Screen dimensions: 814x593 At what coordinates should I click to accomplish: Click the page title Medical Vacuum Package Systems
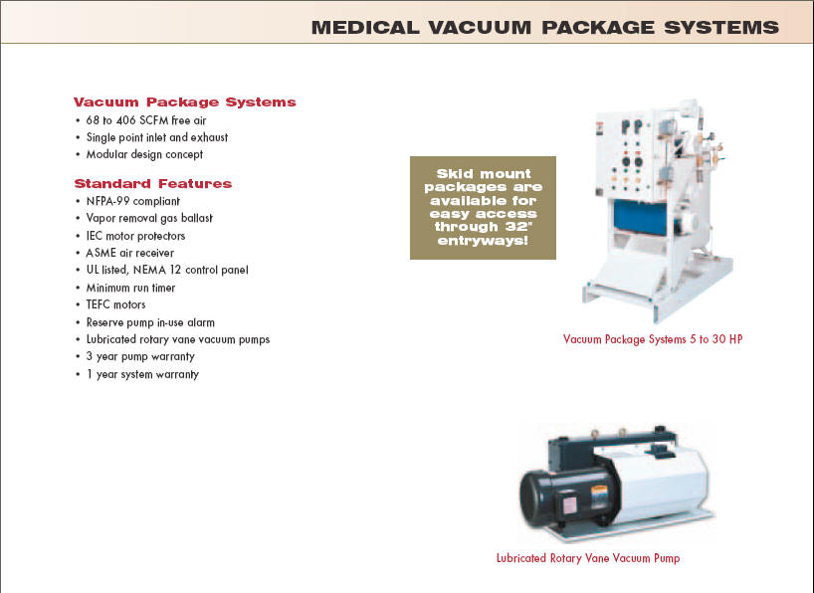[545, 27]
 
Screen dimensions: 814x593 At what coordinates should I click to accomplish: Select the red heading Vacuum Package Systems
[184, 101]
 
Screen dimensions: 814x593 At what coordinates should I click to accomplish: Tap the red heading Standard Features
[152, 183]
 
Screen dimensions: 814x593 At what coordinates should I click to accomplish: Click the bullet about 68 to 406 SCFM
[146, 120]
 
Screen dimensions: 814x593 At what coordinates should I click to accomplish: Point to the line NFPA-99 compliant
[133, 201]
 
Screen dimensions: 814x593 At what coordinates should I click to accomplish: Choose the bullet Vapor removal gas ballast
[149, 218]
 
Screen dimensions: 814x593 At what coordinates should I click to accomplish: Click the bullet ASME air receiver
[129, 253]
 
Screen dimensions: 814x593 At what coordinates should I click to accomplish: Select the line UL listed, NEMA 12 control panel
[167, 270]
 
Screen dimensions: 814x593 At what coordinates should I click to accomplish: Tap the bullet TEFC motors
[115, 304]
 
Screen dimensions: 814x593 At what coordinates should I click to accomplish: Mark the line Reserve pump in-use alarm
[150, 322]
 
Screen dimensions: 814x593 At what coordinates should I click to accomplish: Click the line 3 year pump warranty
[140, 357]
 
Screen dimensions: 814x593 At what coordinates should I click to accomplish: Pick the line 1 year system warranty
[142, 374]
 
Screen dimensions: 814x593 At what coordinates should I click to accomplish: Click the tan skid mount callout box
[483, 208]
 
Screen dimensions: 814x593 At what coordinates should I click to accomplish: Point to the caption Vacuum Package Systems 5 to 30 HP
[653, 339]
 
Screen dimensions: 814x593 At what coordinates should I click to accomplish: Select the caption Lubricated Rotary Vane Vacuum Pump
[588, 558]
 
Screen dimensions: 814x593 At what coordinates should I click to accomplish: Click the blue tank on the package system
[640, 217]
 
